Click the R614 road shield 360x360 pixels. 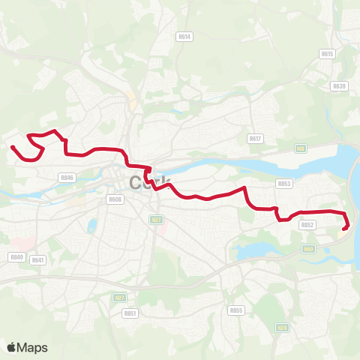click(184, 36)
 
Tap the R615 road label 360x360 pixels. click(326, 54)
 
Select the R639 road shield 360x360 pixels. click(339, 85)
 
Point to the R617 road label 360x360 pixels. click(255, 138)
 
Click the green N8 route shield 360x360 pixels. click(301, 149)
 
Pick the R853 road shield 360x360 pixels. click(283, 183)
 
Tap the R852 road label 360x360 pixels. click(307, 224)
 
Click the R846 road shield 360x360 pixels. click(67, 177)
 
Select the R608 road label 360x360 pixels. click(115, 199)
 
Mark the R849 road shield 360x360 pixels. click(16, 256)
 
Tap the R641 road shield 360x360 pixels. click(39, 259)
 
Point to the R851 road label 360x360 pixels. click(130, 313)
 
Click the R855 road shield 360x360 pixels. click(236, 310)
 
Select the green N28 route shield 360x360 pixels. click(282, 327)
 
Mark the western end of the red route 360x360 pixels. click(11, 146)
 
